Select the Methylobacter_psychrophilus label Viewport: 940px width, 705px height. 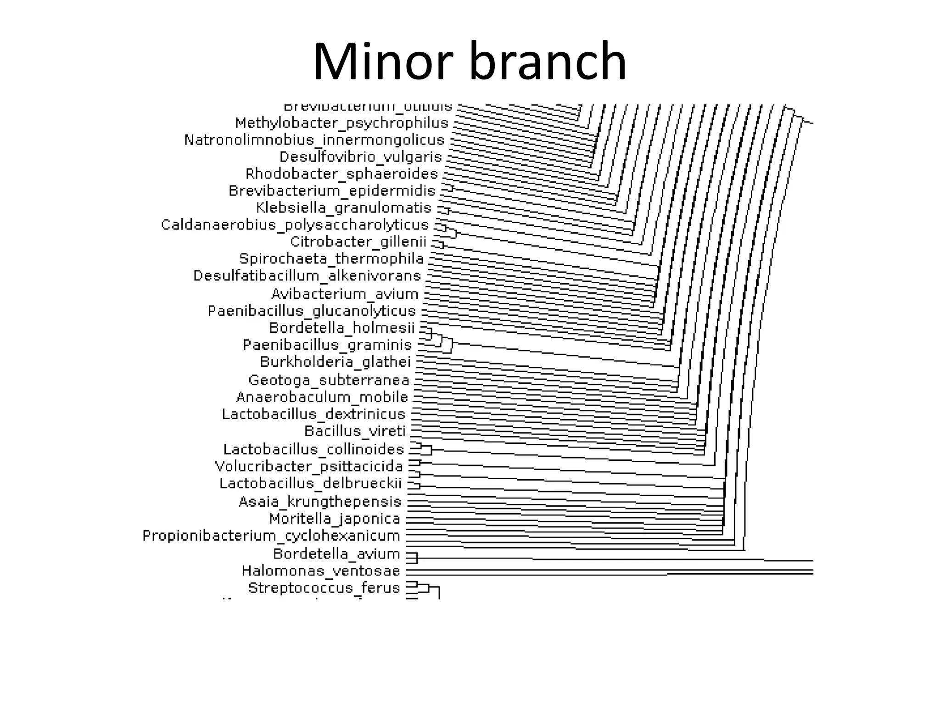click(x=341, y=123)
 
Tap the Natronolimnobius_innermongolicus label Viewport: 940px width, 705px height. click(x=314, y=140)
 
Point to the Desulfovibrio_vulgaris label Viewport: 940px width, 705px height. click(x=360, y=157)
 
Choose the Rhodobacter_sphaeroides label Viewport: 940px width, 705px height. click(x=341, y=174)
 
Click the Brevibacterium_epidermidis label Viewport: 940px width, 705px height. click(x=332, y=191)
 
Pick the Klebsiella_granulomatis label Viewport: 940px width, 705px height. click(x=344, y=208)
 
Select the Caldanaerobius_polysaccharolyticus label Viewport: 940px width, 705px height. click(x=295, y=225)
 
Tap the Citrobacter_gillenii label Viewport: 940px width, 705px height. click(x=358, y=242)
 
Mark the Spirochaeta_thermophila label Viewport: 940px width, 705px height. click(x=331, y=259)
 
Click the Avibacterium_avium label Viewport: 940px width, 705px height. click(x=345, y=294)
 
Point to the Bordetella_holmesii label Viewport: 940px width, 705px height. click(x=341, y=328)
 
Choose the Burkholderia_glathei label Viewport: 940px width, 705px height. click(x=335, y=362)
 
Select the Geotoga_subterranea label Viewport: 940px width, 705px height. click(x=329, y=380)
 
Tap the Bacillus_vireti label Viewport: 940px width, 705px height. click(x=355, y=431)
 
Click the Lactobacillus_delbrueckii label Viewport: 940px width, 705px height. click(x=310, y=484)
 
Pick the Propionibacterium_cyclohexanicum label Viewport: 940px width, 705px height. click(x=271, y=536)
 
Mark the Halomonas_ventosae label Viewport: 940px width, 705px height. click(x=321, y=571)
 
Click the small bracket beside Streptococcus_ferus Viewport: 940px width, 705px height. click(x=423, y=588)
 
